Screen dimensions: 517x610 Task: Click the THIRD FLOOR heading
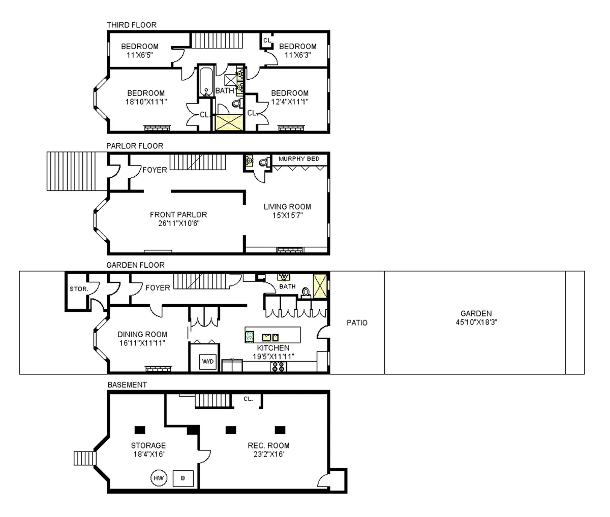tap(131, 25)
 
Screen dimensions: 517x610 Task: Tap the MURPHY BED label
tap(299, 159)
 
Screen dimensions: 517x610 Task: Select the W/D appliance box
tap(208, 362)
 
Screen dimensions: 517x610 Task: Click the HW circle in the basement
tap(158, 478)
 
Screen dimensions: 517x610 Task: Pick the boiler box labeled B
tap(183, 478)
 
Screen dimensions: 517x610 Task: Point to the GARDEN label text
tap(476, 314)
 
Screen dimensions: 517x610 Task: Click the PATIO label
tap(357, 322)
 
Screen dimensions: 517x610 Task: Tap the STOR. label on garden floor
tap(79, 289)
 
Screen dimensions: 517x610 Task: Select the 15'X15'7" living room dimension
tap(287, 215)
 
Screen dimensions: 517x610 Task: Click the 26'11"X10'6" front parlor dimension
tap(178, 222)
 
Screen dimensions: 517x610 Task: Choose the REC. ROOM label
tap(268, 446)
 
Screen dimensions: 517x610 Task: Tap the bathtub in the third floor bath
tap(206, 81)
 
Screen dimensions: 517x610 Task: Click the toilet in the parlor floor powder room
tap(263, 163)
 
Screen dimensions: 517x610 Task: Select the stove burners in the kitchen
tap(278, 367)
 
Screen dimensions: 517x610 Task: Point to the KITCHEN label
tap(273, 348)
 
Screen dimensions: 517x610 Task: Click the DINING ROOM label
tap(142, 334)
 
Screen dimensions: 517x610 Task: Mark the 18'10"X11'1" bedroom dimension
tap(146, 101)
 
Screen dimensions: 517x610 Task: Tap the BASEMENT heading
tap(127, 385)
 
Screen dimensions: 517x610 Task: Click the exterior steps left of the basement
tap(82, 458)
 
